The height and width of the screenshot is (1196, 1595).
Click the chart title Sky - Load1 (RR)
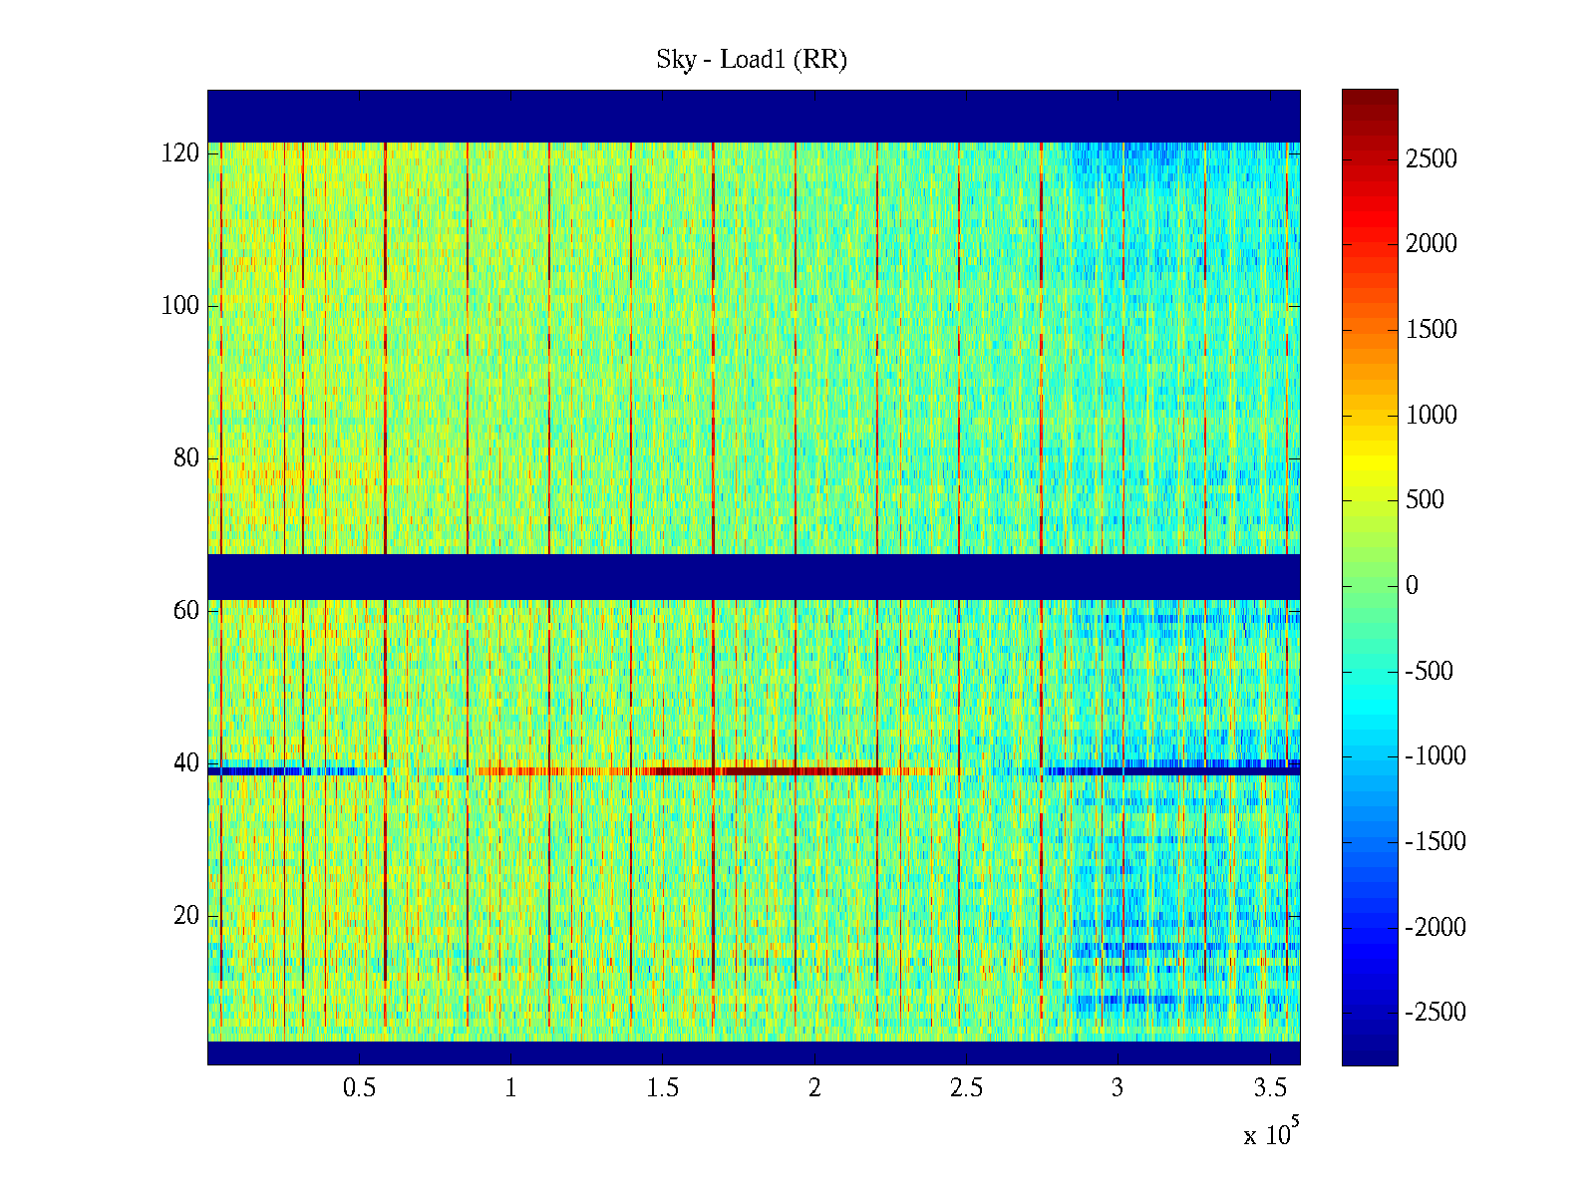point(751,60)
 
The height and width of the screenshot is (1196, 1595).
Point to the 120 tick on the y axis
point(180,152)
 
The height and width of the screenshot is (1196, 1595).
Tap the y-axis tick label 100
point(180,305)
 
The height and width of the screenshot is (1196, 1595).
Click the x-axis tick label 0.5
point(359,1087)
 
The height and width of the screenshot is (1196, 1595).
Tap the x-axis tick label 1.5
point(662,1087)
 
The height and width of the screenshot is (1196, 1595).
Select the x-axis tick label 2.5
point(966,1087)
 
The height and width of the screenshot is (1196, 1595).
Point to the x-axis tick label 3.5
point(1269,1087)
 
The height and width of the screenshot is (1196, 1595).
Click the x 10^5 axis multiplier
point(1270,1133)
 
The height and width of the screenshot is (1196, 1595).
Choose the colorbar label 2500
point(1432,158)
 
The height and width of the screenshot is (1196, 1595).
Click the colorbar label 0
point(1412,585)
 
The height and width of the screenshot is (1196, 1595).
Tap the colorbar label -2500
point(1435,1012)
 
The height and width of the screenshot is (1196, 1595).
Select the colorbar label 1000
point(1432,415)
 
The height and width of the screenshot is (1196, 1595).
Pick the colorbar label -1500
point(1435,841)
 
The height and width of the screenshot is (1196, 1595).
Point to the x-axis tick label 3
point(1117,1087)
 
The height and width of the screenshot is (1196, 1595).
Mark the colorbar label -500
point(1430,671)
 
